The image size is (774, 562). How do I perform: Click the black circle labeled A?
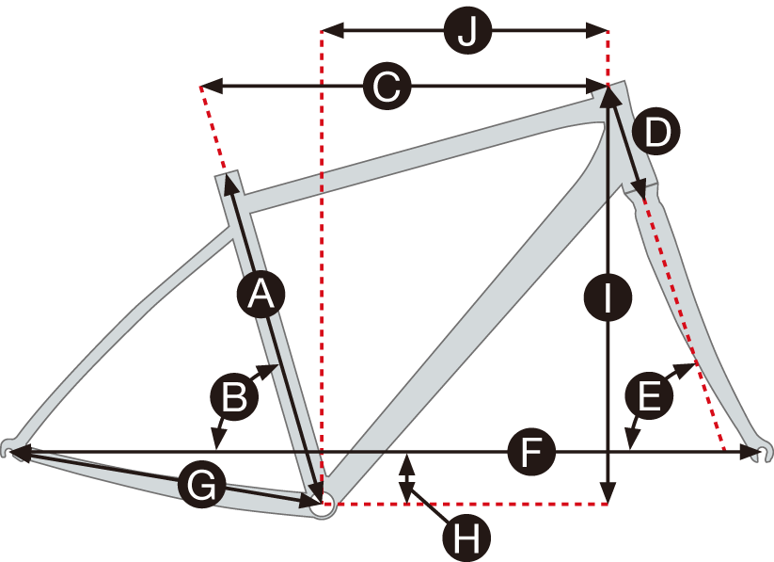[x=259, y=296]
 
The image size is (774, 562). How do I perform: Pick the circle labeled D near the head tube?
[x=656, y=131]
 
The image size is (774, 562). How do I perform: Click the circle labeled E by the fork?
[x=647, y=397]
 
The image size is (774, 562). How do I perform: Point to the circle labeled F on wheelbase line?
[x=532, y=454]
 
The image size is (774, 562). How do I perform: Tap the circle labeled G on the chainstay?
[x=200, y=485]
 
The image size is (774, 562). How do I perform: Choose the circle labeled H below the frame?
[x=466, y=538]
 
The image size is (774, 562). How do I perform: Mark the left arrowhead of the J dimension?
[x=327, y=32]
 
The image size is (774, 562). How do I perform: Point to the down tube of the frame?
[x=470, y=320]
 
